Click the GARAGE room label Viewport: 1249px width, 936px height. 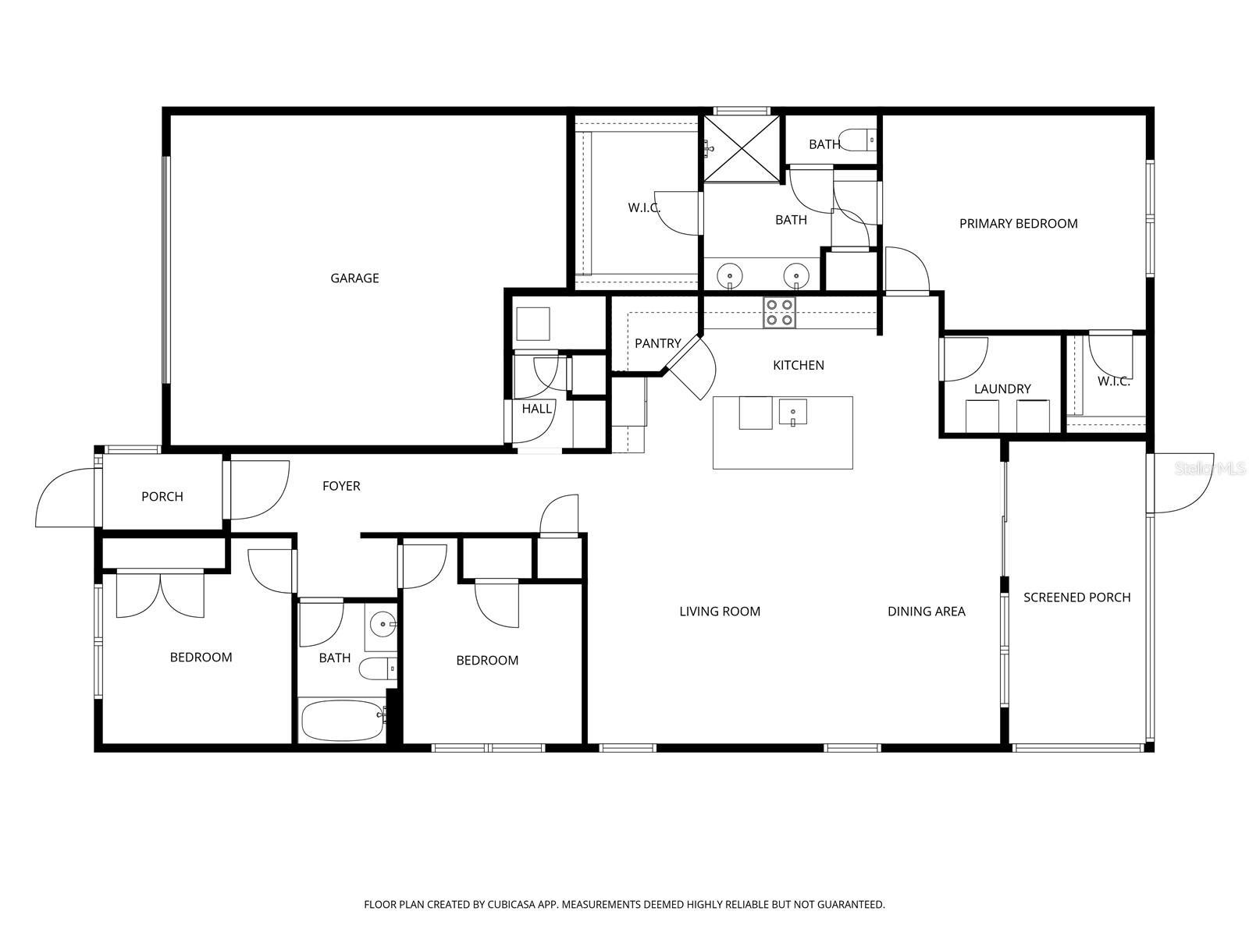[x=354, y=278]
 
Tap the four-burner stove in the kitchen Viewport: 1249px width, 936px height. [x=779, y=313]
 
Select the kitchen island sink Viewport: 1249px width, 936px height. [x=792, y=412]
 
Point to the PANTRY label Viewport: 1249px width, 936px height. [x=658, y=343]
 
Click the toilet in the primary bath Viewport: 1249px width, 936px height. [x=857, y=140]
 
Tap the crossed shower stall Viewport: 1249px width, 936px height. [x=742, y=149]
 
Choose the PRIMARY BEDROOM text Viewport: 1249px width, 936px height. [x=1019, y=224]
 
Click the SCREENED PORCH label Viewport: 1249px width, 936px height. [x=1076, y=597]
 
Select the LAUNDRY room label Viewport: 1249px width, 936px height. [x=1002, y=389]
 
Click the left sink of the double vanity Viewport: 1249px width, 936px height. [x=729, y=277]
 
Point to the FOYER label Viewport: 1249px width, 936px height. [x=341, y=486]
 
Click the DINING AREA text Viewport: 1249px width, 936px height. [x=927, y=612]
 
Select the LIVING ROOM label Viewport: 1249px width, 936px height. [x=720, y=612]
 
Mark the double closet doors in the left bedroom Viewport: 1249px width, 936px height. [x=160, y=594]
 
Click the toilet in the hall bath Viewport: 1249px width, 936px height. [x=378, y=668]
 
